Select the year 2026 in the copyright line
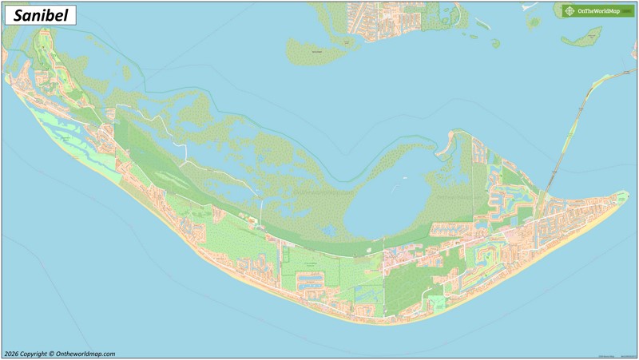[x=11, y=354]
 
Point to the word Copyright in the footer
[x=35, y=354]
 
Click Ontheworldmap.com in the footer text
[x=85, y=354]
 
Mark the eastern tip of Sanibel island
[x=625, y=194]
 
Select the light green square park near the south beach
[x=437, y=303]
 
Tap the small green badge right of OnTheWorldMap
[x=628, y=11]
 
